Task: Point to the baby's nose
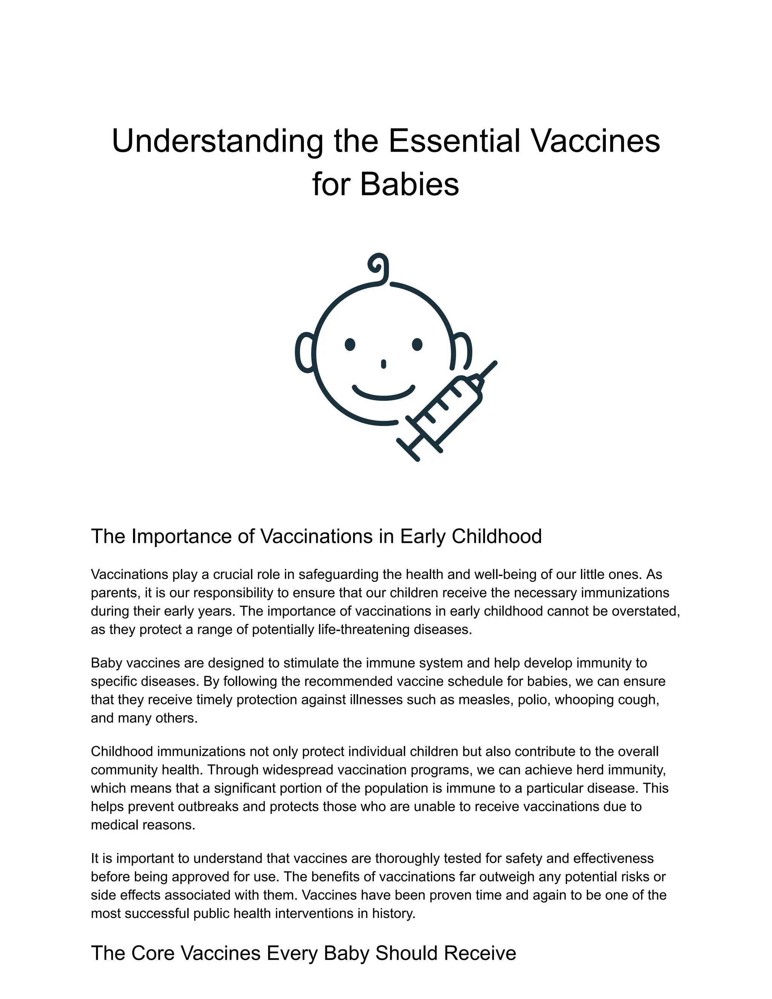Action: coord(383,364)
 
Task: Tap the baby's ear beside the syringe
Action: coord(463,350)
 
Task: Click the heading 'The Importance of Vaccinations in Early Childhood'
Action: coord(316,536)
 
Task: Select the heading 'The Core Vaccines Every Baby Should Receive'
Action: coord(303,953)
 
